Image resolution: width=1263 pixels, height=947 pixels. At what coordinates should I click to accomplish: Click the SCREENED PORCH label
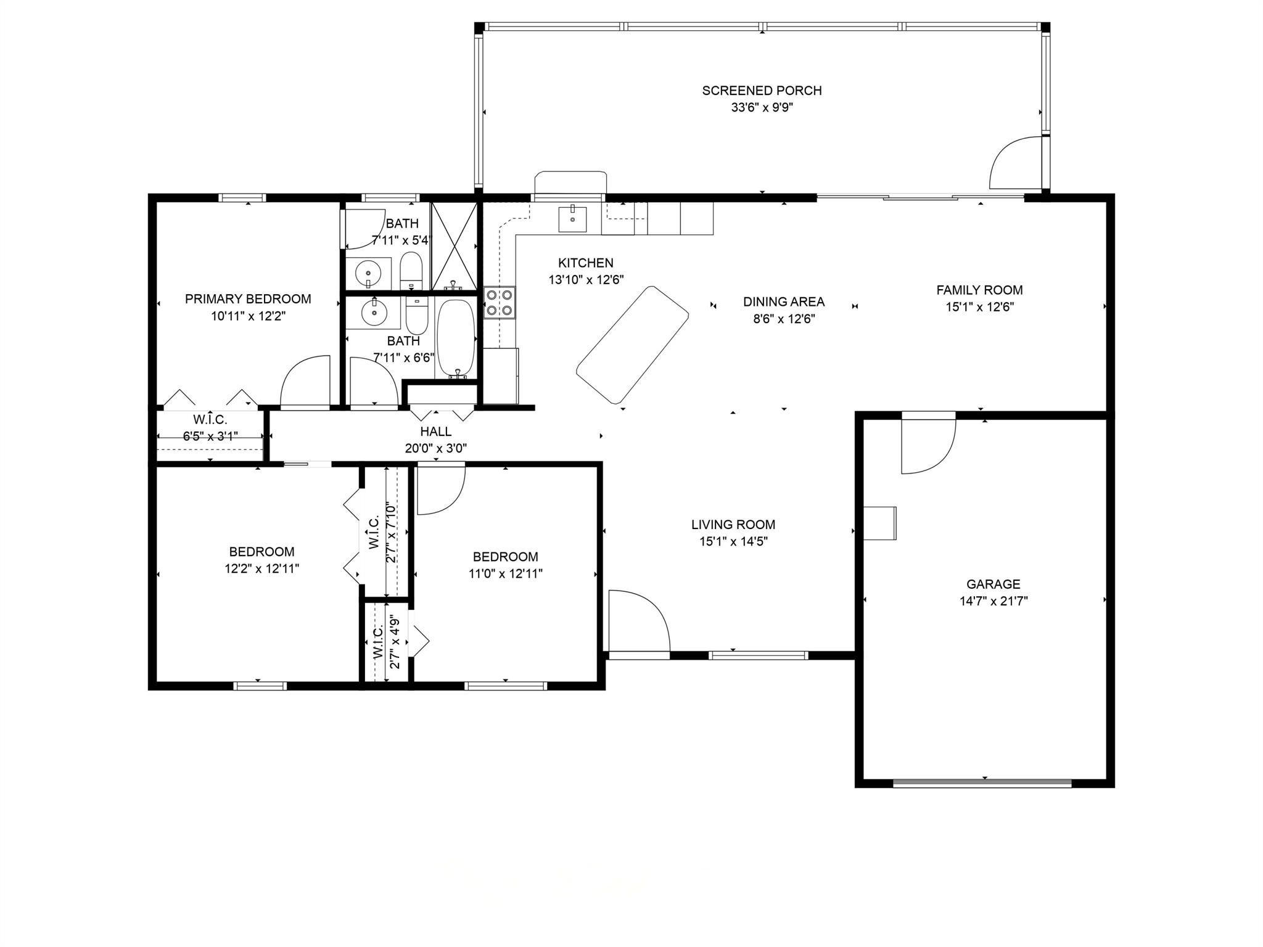[762, 91]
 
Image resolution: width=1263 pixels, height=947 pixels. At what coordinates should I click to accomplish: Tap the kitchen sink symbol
[572, 219]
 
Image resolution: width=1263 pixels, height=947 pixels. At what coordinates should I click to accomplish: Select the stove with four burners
[500, 302]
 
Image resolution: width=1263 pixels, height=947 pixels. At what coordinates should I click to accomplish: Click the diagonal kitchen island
[632, 345]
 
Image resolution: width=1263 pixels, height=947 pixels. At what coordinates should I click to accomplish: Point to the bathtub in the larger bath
[456, 338]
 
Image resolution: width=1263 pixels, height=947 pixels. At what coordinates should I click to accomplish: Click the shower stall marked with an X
[454, 246]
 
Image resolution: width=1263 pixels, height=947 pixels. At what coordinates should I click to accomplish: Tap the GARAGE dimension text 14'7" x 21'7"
[994, 601]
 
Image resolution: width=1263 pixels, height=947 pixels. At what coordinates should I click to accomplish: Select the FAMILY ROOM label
[979, 290]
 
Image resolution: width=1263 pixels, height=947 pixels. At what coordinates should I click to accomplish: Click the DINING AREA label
[783, 301]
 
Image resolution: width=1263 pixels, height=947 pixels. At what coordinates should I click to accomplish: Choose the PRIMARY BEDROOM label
[248, 299]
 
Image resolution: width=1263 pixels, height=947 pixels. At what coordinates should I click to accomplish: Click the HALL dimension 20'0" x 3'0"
[436, 448]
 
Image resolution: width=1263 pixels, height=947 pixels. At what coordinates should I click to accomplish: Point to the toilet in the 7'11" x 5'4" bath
[410, 271]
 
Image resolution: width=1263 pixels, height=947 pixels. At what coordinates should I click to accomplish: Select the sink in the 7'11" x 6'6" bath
[372, 313]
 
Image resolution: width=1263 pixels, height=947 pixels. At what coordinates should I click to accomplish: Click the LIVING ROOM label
[733, 525]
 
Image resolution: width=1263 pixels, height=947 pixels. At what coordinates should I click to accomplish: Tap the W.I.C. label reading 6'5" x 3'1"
[210, 437]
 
